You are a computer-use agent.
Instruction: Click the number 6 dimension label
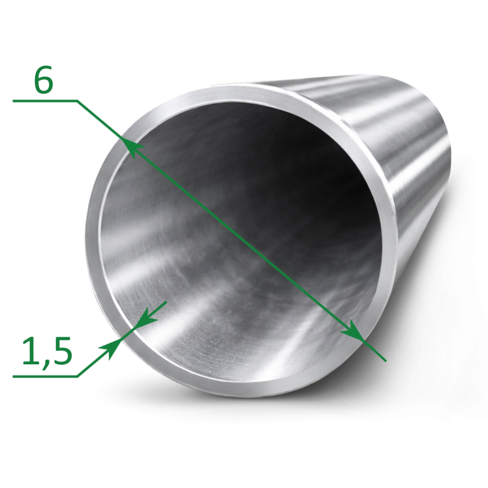point(43,80)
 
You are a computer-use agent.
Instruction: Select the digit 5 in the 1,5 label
point(62,351)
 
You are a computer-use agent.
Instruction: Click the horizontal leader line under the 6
point(45,101)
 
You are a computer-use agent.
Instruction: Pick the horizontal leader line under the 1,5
point(45,376)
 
